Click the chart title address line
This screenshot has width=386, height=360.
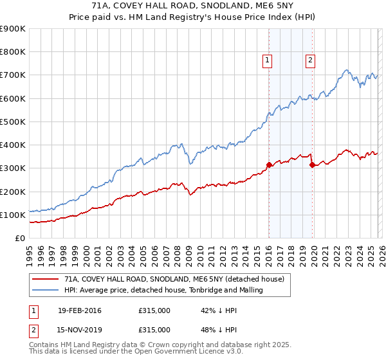click(193, 6)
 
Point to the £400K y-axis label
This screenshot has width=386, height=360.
click(13, 145)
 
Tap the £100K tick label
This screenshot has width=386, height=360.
click(13, 215)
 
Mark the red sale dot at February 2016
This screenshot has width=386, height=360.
click(269, 165)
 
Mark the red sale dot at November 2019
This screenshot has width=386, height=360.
click(312, 165)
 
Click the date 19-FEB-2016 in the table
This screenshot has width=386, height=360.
click(79, 311)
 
